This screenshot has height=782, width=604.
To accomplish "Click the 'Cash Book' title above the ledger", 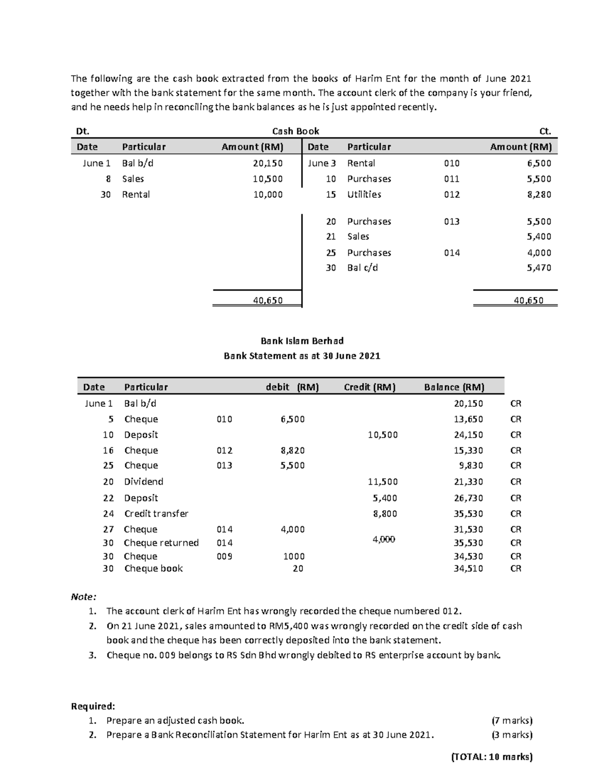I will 295,131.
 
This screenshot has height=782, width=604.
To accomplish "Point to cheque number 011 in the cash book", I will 451,179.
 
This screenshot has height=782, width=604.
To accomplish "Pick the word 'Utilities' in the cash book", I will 364,194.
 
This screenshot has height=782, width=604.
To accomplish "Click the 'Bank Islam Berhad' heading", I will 302,341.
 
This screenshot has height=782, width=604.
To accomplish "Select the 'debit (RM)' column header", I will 292,387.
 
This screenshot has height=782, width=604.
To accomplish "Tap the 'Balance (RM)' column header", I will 454,387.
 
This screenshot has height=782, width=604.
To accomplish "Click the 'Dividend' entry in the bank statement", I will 143,482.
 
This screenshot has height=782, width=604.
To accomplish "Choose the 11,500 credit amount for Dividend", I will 383,482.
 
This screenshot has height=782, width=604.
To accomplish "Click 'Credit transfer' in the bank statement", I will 156,514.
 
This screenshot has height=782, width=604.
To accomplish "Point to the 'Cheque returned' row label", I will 161,543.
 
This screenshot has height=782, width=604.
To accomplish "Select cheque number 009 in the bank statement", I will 224,556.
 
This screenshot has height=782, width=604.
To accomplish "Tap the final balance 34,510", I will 468,569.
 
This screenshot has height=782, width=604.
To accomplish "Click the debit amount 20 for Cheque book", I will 298,569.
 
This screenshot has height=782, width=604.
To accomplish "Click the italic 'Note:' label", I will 83,597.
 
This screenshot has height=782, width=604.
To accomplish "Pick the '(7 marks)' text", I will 512,721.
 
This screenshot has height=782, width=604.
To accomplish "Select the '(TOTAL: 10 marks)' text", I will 492,757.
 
